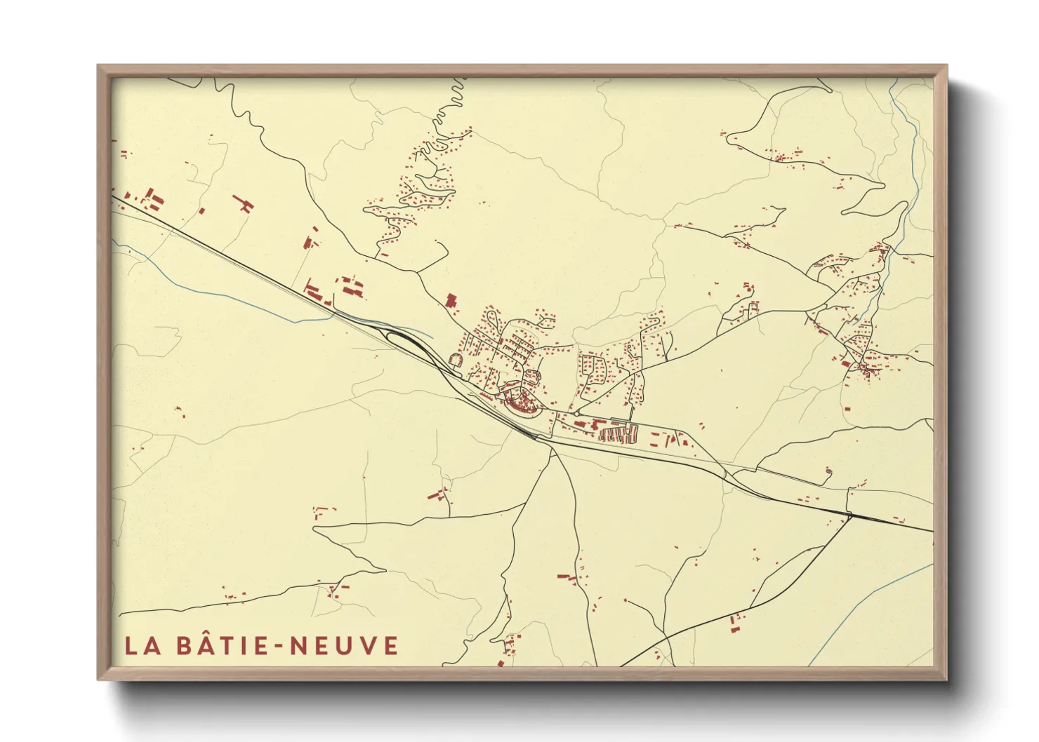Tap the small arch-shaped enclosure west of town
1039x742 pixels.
pos(455,360)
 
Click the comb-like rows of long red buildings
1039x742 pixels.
pos(618,435)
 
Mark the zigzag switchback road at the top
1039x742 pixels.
pos(449,105)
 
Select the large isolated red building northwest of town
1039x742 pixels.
pos(451,301)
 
